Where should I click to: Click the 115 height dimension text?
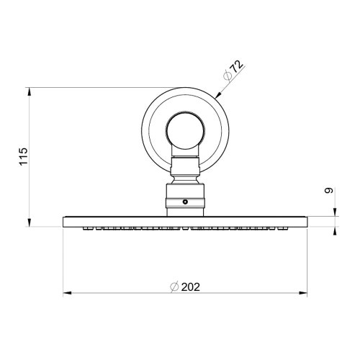point(23,156)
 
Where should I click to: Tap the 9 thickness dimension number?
point(328,192)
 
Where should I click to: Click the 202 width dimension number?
point(190,287)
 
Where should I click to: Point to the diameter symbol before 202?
point(174,287)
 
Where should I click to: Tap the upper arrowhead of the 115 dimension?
point(30,91)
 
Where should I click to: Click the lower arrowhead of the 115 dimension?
point(30,222)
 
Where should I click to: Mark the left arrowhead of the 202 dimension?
point(68,293)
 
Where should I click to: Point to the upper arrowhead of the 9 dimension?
point(335,212)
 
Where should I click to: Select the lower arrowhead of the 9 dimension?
point(335,230)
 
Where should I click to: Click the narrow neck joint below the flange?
point(186,171)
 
